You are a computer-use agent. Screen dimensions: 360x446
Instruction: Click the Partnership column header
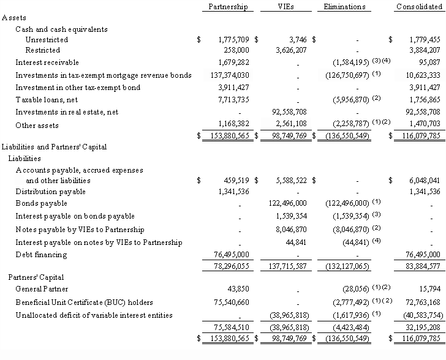228,7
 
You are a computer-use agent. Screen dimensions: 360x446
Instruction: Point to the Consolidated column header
420,7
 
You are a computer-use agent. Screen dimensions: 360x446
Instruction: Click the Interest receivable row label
47,62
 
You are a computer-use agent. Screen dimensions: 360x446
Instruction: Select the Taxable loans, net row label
47,100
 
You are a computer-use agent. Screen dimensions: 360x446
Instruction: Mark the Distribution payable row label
51,192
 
